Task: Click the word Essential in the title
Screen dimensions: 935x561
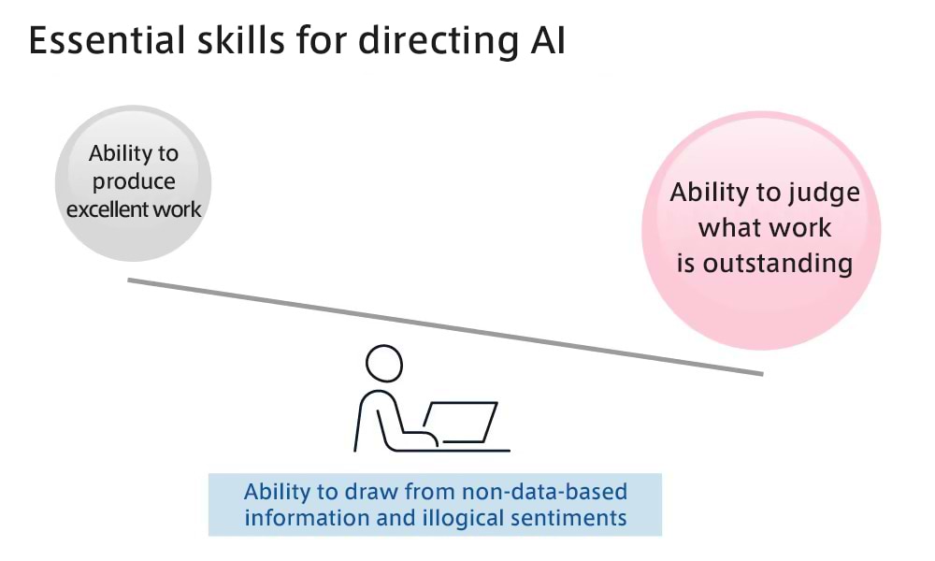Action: (108, 40)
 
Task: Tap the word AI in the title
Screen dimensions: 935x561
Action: (546, 40)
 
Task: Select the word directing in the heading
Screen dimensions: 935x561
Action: (439, 42)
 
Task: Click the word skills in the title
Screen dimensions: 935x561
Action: (241, 40)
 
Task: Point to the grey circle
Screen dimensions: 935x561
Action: (133, 183)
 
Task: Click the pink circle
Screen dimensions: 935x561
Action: (761, 231)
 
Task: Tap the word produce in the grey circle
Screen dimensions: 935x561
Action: (134, 181)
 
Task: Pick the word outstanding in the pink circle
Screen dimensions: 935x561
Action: (778, 264)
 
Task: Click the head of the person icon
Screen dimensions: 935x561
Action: (384, 363)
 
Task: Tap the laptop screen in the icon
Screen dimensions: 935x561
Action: (460, 423)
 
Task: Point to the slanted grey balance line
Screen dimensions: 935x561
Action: (445, 326)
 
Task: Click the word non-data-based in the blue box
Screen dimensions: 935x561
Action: (544, 492)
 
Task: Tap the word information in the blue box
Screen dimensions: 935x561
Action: (307, 518)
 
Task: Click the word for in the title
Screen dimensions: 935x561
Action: (322, 40)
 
